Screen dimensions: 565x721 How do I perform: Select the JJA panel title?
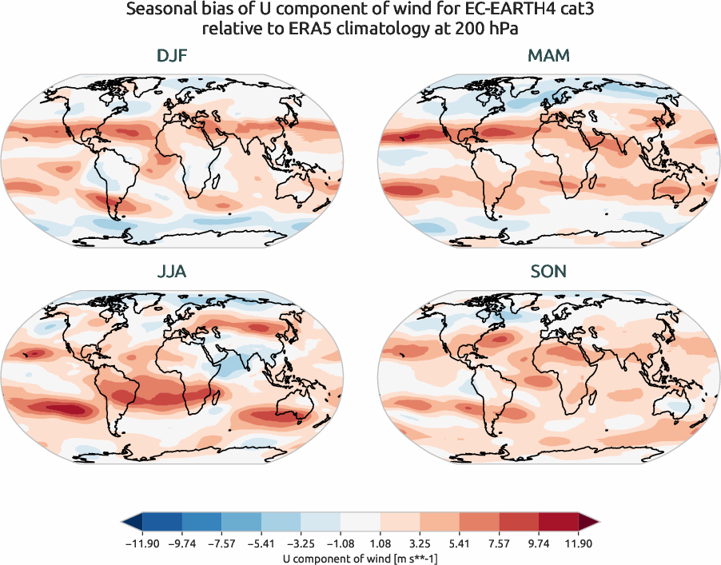pyautogui.click(x=173, y=272)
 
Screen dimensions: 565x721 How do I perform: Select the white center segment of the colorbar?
pyautogui.click(x=360, y=522)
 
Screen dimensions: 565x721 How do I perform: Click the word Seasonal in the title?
pyautogui.click(x=158, y=11)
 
